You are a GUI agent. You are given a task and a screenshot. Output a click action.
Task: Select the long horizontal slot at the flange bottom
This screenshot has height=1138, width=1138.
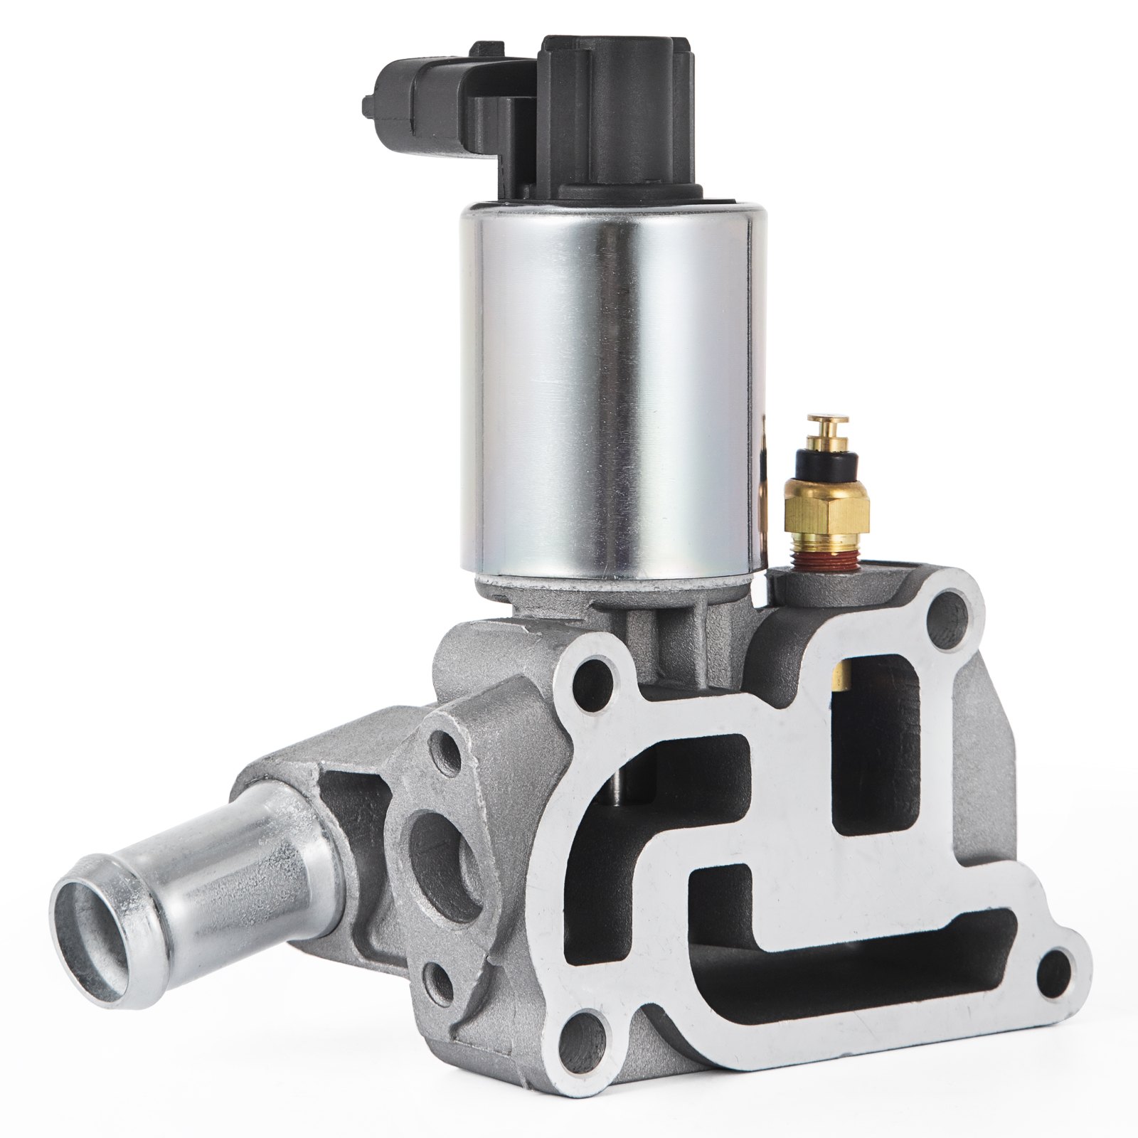[854, 939]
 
